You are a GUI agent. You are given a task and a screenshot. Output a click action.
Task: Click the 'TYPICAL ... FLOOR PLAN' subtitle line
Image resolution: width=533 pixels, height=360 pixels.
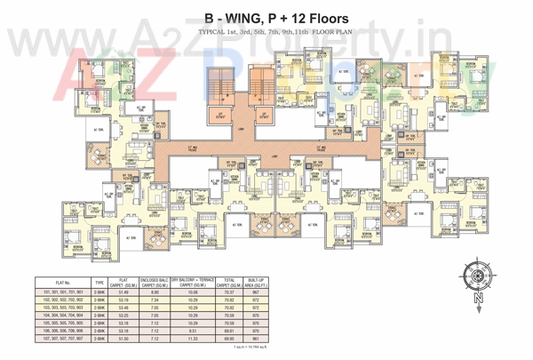(x=266, y=34)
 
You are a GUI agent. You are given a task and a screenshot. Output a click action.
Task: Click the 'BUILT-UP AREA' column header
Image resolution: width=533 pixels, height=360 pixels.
(x=256, y=282)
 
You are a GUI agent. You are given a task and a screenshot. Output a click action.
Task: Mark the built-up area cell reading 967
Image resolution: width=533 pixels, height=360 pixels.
(x=256, y=292)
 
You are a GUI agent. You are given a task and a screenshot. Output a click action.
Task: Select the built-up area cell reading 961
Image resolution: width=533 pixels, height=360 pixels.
(x=256, y=338)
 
